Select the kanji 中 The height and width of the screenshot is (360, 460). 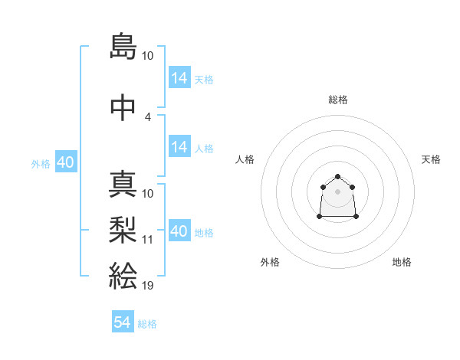tap(123, 108)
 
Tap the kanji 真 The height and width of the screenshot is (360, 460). tap(123, 185)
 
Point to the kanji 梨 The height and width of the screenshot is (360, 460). tap(123, 227)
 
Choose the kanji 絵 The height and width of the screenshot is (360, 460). tap(123, 274)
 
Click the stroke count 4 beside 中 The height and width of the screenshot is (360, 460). tap(148, 117)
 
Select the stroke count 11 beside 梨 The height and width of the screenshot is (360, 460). tap(148, 240)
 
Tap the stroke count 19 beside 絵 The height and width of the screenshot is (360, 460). tap(148, 286)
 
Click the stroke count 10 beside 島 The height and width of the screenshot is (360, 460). tap(148, 56)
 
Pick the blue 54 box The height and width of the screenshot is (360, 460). tap(123, 322)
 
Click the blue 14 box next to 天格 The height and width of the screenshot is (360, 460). tap(179, 78)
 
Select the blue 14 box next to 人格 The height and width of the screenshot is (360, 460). tap(179, 147)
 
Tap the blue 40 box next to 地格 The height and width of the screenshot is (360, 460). tap(179, 231)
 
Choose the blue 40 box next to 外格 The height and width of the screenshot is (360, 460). tap(66, 162)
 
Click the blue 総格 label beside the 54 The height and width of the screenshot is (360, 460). tap(147, 324)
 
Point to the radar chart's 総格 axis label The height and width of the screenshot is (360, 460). tap(338, 100)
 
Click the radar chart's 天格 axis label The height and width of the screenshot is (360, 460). tap(431, 159)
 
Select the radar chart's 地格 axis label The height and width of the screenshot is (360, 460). tap(402, 262)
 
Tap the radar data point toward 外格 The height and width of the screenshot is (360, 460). tap(320, 218)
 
